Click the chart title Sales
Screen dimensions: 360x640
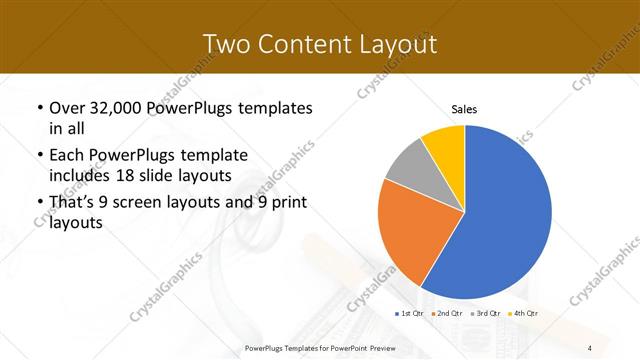click(x=464, y=108)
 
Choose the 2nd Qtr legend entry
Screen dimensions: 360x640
click(x=446, y=314)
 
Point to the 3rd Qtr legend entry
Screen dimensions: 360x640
click(x=486, y=314)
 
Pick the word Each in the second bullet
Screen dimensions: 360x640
click(x=67, y=155)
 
